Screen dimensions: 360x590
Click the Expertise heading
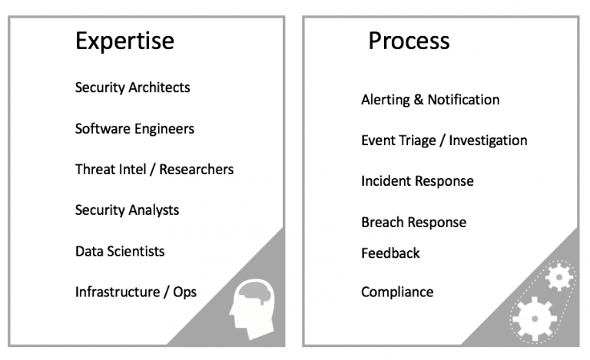[x=124, y=40]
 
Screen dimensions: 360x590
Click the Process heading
[x=409, y=40]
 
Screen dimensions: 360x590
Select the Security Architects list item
[x=132, y=88]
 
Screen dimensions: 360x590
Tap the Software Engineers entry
[x=134, y=129]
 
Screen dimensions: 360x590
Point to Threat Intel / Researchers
[x=154, y=169]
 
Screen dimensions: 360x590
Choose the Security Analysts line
[x=127, y=210]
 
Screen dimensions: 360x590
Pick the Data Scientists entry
[x=120, y=251]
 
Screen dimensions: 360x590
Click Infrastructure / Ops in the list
[x=136, y=292]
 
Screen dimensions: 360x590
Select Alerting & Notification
[x=430, y=100]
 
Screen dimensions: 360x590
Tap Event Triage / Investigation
[x=444, y=140]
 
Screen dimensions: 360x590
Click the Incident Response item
[x=417, y=181]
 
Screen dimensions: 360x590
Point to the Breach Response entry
[x=413, y=223]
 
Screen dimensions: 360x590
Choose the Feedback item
[x=390, y=253]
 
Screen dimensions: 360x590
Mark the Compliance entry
[x=397, y=292]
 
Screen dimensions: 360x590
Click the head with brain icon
[x=253, y=307]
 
